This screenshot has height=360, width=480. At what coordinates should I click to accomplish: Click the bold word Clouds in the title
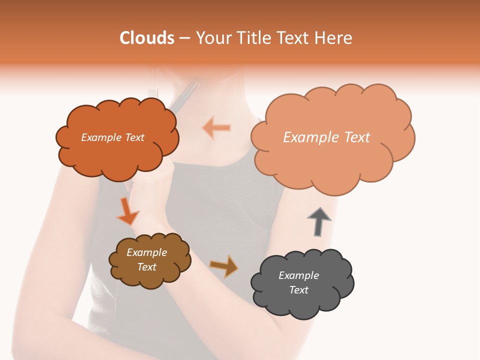coord(147,38)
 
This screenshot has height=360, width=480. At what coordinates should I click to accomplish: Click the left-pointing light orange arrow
coord(217,127)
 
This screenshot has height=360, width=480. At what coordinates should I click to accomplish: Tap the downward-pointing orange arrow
coord(127,211)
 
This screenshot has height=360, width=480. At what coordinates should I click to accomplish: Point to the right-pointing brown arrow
coord(224,266)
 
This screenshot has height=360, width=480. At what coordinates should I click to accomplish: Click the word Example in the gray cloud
coord(298,275)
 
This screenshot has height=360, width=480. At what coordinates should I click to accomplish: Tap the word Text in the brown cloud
coord(147,267)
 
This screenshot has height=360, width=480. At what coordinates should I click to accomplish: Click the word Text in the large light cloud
coord(353,137)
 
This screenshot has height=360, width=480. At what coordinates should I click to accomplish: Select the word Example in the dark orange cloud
coord(101,137)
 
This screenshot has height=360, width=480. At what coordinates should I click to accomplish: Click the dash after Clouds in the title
coord(184,38)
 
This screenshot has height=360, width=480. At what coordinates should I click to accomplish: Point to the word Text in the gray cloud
coord(298,290)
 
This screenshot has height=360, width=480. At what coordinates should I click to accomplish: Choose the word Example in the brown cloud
coord(147,252)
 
